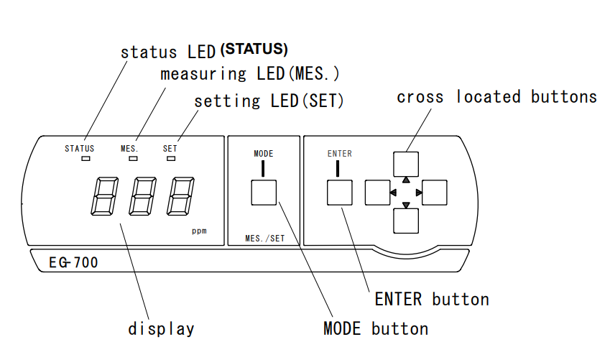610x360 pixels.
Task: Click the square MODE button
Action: pyautogui.click(x=263, y=193)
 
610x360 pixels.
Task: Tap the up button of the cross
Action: pyautogui.click(x=406, y=163)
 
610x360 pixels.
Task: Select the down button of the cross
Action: pyautogui.click(x=406, y=221)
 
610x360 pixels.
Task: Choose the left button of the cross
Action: pyautogui.click(x=377, y=193)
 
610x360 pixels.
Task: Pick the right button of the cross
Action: pyautogui.click(x=435, y=193)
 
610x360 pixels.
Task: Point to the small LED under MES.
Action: pyautogui.click(x=132, y=158)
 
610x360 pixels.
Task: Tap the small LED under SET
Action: pyautogui.click(x=171, y=158)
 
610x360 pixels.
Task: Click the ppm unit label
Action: pyautogui.click(x=199, y=231)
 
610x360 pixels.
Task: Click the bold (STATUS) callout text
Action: pyautogui.click(x=254, y=50)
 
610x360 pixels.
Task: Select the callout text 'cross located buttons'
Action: pyautogui.click(x=496, y=97)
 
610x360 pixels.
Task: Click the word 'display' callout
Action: pyautogui.click(x=161, y=329)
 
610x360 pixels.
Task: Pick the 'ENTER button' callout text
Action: pyautogui.click(x=432, y=299)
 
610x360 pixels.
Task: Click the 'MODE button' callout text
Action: pyautogui.click(x=376, y=329)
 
